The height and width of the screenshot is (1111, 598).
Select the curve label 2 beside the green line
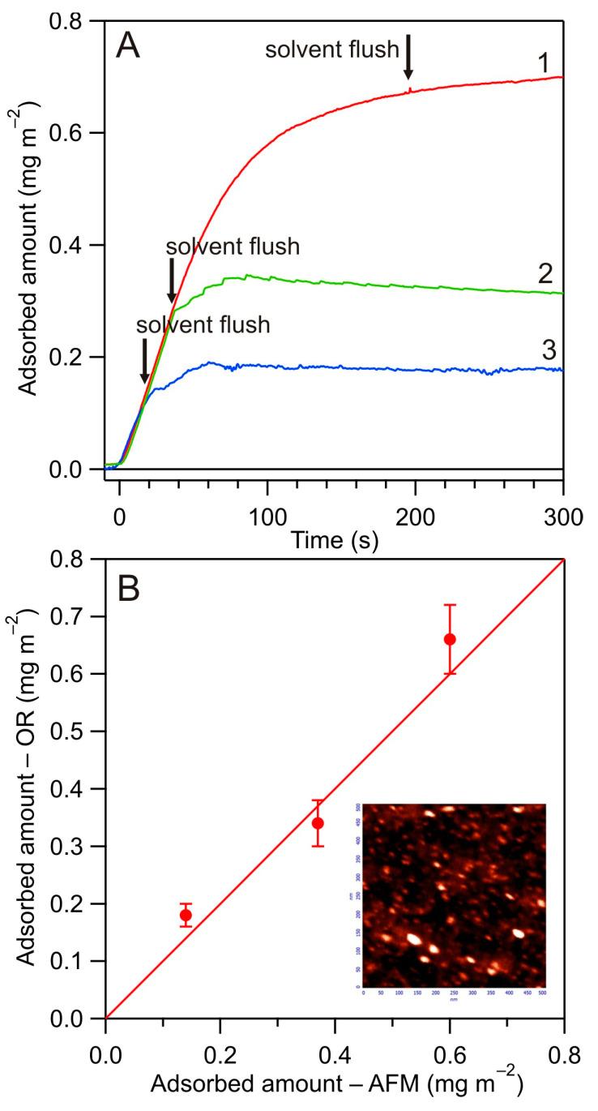[x=545, y=272]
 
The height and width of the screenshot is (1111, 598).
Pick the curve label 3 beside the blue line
[x=545, y=351]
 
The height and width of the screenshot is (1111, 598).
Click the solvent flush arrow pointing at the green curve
[x=171, y=280]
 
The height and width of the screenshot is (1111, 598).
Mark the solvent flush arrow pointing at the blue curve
[x=144, y=360]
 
